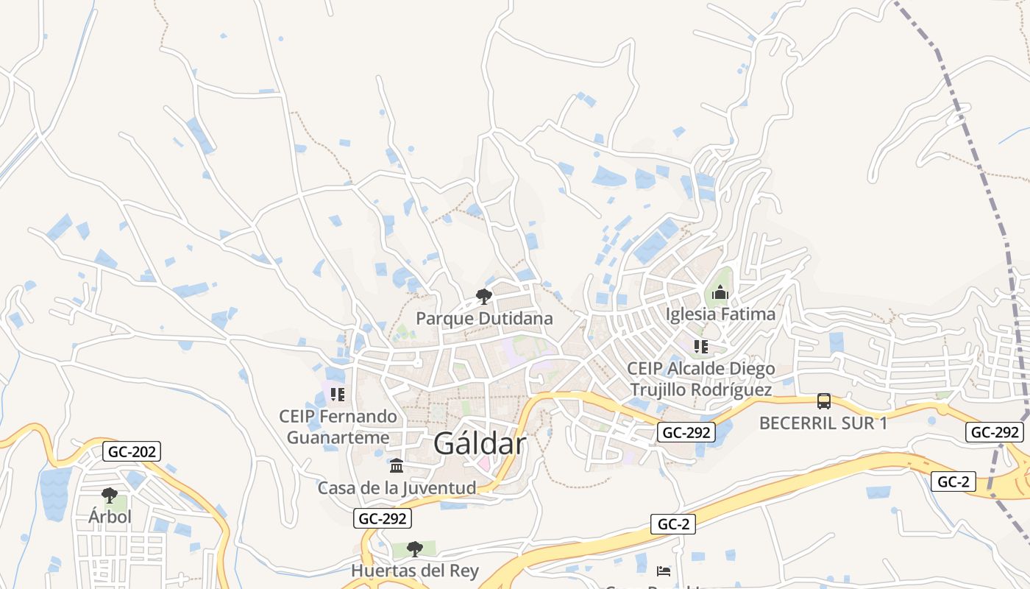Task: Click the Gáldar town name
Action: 480,444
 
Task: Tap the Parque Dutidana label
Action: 484,319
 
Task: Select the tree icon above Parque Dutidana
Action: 484,297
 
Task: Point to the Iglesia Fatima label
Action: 720,314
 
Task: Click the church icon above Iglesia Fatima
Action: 720,293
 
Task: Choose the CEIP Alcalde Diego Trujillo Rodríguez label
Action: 700,379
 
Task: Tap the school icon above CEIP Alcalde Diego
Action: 701,346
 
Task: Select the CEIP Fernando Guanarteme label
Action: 338,427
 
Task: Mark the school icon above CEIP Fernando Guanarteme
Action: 338,395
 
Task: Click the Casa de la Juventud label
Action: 397,487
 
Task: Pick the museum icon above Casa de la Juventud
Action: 397,466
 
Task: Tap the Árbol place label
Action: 110,517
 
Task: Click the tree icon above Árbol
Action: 110,495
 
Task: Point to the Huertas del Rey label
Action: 415,571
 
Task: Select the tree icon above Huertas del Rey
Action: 415,549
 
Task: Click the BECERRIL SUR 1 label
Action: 823,423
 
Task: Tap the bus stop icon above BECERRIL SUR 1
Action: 824,401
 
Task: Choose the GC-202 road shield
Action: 131,451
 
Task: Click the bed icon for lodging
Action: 664,571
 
